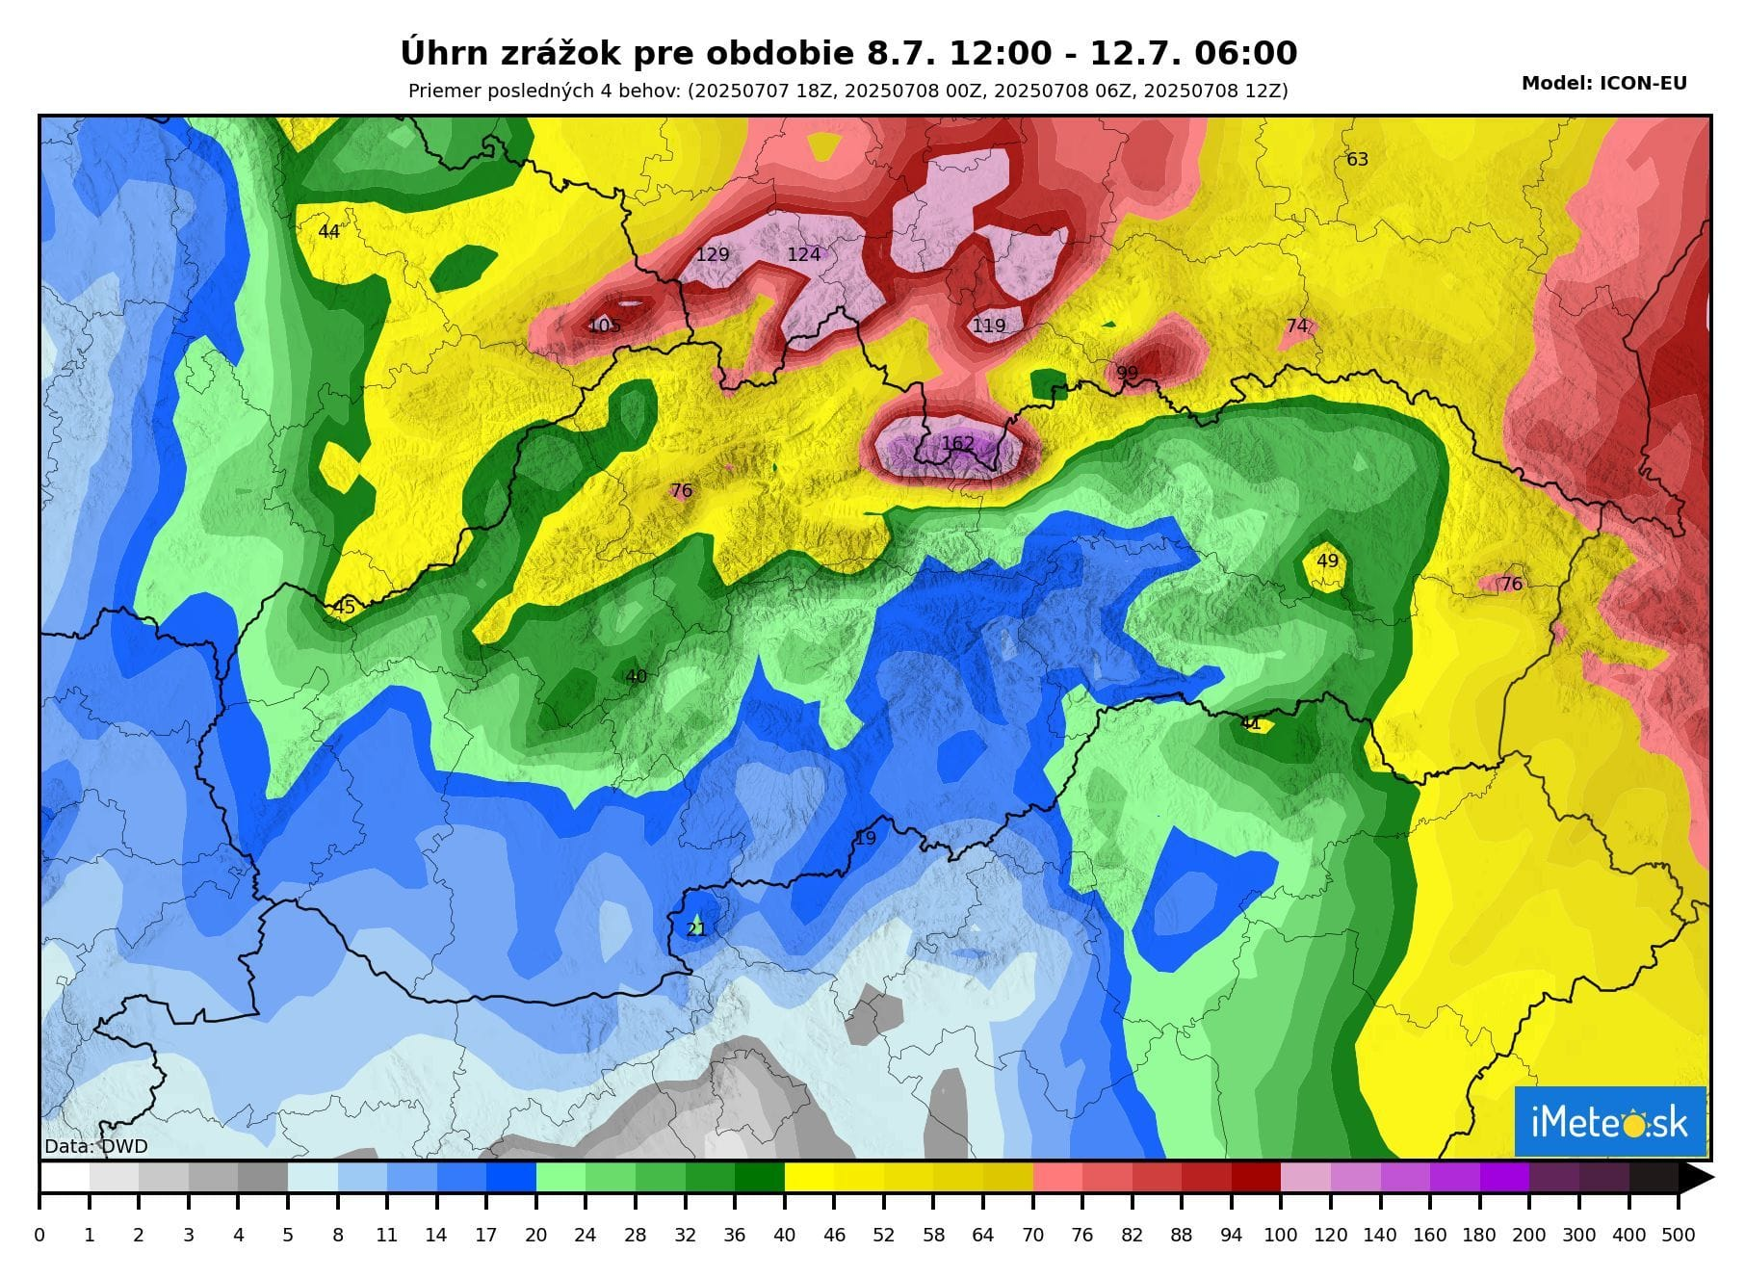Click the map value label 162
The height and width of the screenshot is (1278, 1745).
pyautogui.click(x=957, y=444)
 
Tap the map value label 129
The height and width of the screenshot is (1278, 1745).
pyautogui.click(x=712, y=254)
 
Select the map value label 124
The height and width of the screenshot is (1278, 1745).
pyautogui.click(x=804, y=254)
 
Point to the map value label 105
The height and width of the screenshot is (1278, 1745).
pyautogui.click(x=604, y=326)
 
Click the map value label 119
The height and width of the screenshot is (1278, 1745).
pyautogui.click(x=989, y=326)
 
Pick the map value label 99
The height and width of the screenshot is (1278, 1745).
pyautogui.click(x=1127, y=373)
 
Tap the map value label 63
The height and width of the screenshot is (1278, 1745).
pyautogui.click(x=1357, y=159)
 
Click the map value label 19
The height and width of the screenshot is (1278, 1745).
pyautogui.click(x=866, y=838)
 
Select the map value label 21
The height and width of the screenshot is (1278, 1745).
pyautogui.click(x=696, y=929)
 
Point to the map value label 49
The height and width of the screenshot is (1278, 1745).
pyautogui.click(x=1327, y=561)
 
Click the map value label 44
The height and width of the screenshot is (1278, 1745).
pyautogui.click(x=328, y=231)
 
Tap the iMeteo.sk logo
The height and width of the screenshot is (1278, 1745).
pyautogui.click(x=1609, y=1122)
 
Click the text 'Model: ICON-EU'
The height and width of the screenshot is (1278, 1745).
pyautogui.click(x=1603, y=84)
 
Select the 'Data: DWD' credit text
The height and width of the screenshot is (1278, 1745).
pyautogui.click(x=96, y=1146)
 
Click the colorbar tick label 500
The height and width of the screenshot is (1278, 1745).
pyautogui.click(x=1679, y=1235)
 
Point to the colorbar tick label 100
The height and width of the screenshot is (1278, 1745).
pyautogui.click(x=1280, y=1235)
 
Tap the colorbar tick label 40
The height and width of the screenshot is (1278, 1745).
pyautogui.click(x=784, y=1235)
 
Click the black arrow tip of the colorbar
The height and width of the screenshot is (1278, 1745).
pyautogui.click(x=1696, y=1177)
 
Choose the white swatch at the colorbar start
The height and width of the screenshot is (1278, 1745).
pyautogui.click(x=65, y=1177)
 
